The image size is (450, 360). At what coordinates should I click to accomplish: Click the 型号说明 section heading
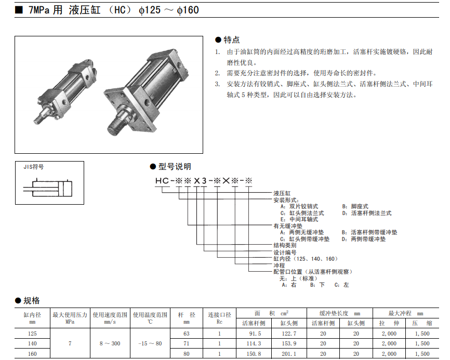(174, 166)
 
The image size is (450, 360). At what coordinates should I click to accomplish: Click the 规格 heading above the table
(31, 300)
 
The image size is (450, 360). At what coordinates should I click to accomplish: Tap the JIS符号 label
(34, 167)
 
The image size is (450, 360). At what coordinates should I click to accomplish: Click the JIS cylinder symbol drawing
(49, 187)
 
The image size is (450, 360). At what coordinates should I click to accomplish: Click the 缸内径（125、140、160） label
(306, 258)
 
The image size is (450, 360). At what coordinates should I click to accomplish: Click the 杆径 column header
(187, 315)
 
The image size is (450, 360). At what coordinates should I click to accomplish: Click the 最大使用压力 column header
(70, 315)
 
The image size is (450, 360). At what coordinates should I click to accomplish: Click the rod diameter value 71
(187, 343)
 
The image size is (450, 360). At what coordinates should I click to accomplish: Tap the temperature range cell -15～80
(151, 343)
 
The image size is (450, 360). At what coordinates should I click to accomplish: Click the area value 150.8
(254, 354)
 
